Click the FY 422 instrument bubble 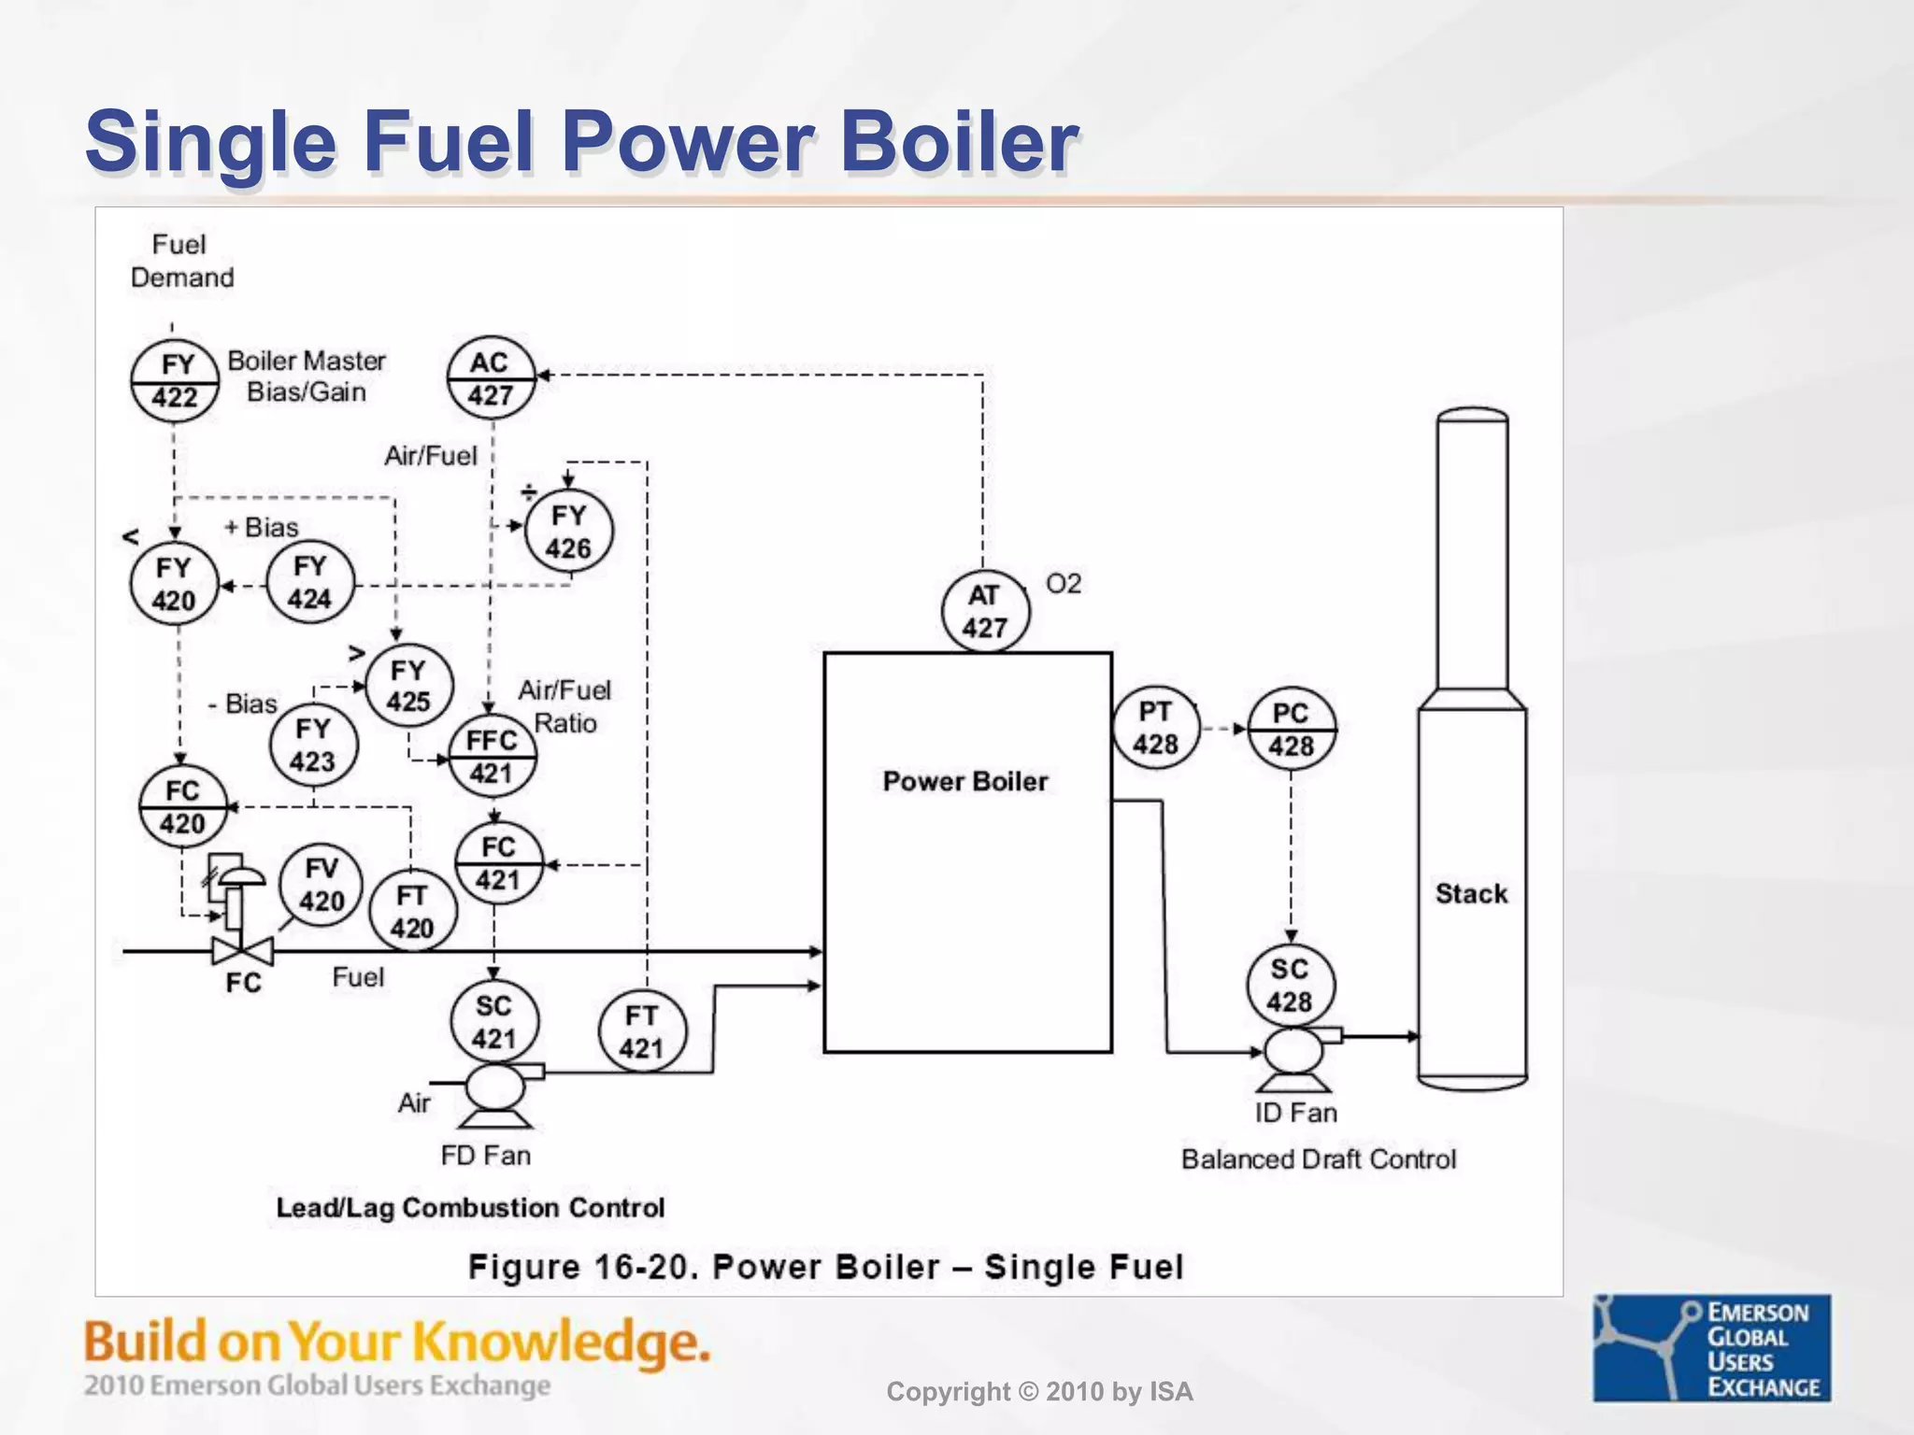[175, 381]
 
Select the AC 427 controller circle [491, 378]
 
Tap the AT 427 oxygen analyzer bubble [985, 611]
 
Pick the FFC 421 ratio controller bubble [493, 756]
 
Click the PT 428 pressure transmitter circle [1156, 728]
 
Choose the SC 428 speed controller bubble [1291, 985]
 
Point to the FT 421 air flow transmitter [642, 1031]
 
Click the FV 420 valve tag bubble [321, 885]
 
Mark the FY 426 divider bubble [568, 532]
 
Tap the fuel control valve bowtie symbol [243, 952]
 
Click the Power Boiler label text [964, 781]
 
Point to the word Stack [1471, 894]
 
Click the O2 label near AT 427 [1064, 584]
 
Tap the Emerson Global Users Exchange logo [1712, 1347]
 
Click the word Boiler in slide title [960, 142]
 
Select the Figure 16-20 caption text [826, 1267]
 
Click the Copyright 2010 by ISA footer [1039, 1392]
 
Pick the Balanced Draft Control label [1318, 1159]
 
